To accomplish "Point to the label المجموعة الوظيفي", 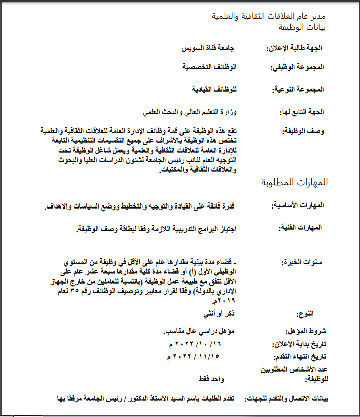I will coord(298,67).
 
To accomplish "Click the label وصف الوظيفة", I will coord(304,131).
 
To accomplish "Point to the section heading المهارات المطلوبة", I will coord(295,182).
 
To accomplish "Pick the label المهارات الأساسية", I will coord(298,205).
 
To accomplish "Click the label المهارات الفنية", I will coord(300,228).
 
